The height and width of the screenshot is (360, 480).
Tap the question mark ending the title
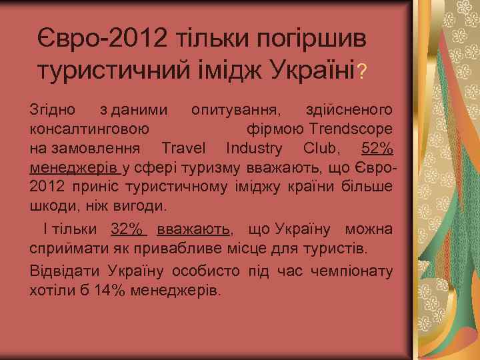tap(361, 71)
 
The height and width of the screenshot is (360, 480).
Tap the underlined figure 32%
tap(127, 229)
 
